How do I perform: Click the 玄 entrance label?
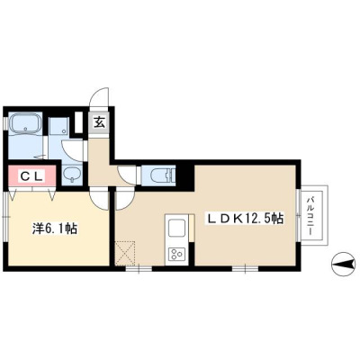coord(100,122)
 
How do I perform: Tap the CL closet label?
coord(31,176)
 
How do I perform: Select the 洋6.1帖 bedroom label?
coord(55,229)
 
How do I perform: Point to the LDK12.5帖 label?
coord(244,218)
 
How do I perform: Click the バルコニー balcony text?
coord(311,216)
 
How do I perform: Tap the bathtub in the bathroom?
coord(25,123)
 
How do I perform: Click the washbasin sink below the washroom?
coord(71,175)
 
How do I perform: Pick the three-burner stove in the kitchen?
coord(176,255)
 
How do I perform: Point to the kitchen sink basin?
coord(176,229)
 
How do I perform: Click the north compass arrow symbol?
coord(344,265)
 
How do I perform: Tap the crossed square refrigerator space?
coord(125,253)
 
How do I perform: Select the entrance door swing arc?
coord(99,96)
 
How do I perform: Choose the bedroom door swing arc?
coord(100,200)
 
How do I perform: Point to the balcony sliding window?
coord(298,215)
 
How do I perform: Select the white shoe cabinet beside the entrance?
coord(78,122)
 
